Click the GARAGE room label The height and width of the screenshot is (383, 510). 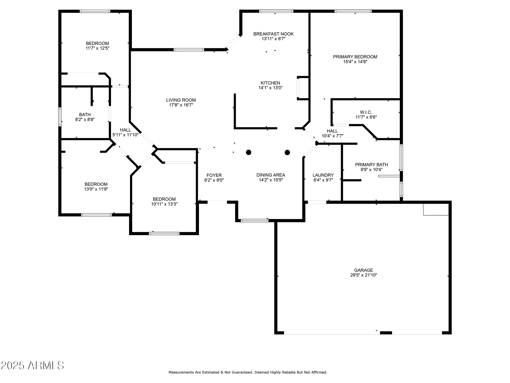click(x=363, y=270)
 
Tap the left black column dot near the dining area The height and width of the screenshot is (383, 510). click(x=249, y=152)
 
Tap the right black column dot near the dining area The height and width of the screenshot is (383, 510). click(x=287, y=152)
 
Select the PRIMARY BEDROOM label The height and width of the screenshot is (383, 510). click(x=355, y=57)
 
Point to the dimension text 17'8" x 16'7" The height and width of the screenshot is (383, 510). click(x=181, y=105)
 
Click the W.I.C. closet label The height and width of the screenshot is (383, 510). click(x=366, y=112)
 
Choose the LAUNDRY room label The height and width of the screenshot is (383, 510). click(x=323, y=175)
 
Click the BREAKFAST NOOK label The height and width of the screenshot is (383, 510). click(x=273, y=34)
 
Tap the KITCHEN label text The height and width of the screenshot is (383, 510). click(x=270, y=83)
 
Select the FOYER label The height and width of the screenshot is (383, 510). click(x=214, y=175)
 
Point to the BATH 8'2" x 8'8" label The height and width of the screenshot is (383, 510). click(x=85, y=117)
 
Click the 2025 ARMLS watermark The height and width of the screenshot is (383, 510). click(x=32, y=366)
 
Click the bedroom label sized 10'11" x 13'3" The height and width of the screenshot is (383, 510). click(x=164, y=199)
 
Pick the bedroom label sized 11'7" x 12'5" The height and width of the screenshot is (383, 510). click(x=97, y=43)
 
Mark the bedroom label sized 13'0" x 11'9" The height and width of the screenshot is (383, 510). click(x=96, y=184)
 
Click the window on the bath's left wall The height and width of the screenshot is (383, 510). click(x=60, y=117)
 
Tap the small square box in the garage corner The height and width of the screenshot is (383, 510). click(x=436, y=209)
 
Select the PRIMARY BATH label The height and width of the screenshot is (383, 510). click(x=371, y=165)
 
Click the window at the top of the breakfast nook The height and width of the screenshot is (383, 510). click(x=276, y=11)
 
